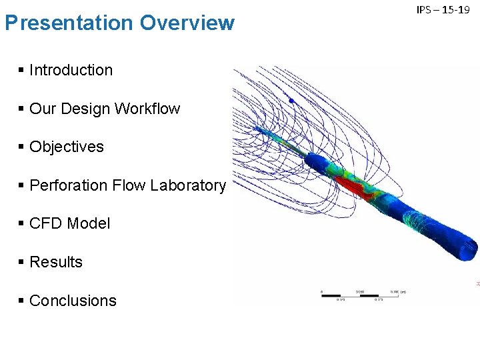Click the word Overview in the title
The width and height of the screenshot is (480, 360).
point(187,23)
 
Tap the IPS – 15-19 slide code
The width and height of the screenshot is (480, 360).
point(443,10)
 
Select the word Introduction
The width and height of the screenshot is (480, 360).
point(71,70)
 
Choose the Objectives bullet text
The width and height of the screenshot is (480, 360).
point(67,147)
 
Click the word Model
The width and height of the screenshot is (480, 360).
point(89,224)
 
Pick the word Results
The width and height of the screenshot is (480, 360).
point(56,263)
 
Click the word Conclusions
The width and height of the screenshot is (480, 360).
point(73,301)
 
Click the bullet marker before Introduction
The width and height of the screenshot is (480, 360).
point(22,69)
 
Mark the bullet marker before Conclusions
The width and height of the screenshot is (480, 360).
point(22,301)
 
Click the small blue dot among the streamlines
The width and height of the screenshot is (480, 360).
point(291,100)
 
